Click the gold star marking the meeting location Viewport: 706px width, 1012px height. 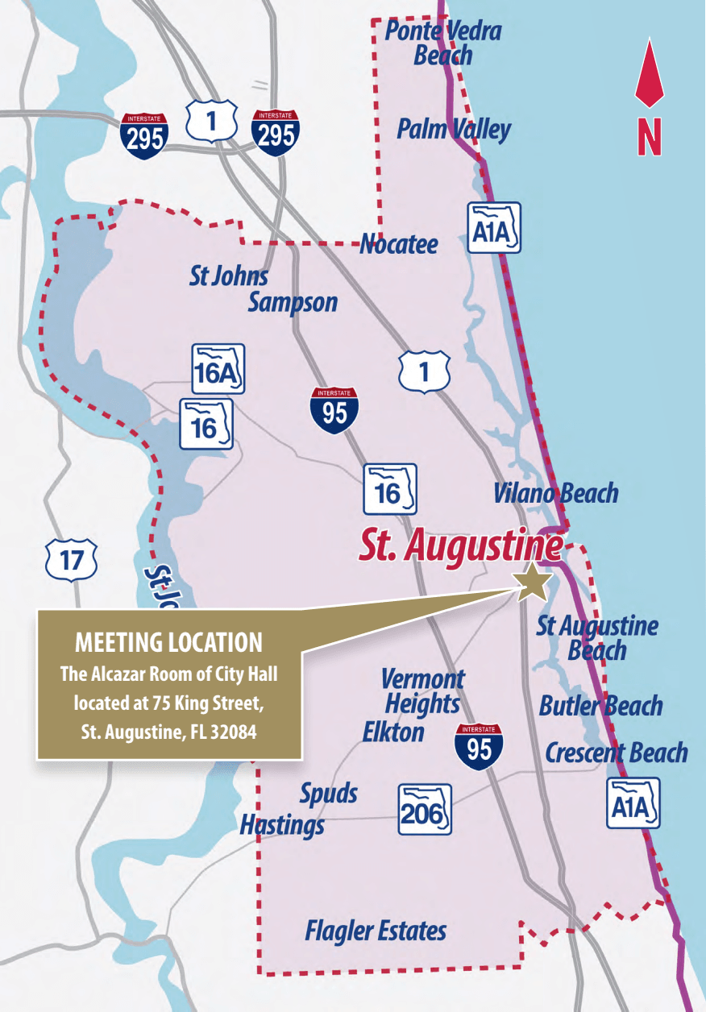(533, 583)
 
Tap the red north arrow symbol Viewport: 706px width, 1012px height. (649, 77)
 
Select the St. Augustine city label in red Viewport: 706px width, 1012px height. (460, 545)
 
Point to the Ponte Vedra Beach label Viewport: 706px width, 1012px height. (442, 44)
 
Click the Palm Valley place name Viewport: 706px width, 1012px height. (454, 129)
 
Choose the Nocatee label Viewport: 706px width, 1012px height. (399, 244)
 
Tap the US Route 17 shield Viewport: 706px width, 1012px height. (72, 559)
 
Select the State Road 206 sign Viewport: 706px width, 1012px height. (425, 810)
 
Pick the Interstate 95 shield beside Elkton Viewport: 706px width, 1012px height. (479, 746)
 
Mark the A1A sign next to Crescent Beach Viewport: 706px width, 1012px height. (633, 803)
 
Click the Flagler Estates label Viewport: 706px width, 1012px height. (376, 931)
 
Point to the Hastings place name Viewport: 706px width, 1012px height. (282, 824)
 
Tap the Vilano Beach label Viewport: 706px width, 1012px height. (555, 493)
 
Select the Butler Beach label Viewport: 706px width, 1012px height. (600, 706)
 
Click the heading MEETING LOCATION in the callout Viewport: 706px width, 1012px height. (168, 642)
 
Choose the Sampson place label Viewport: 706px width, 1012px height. (293, 302)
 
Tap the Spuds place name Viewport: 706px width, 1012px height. (328, 793)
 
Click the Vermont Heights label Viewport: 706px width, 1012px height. (422, 691)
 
